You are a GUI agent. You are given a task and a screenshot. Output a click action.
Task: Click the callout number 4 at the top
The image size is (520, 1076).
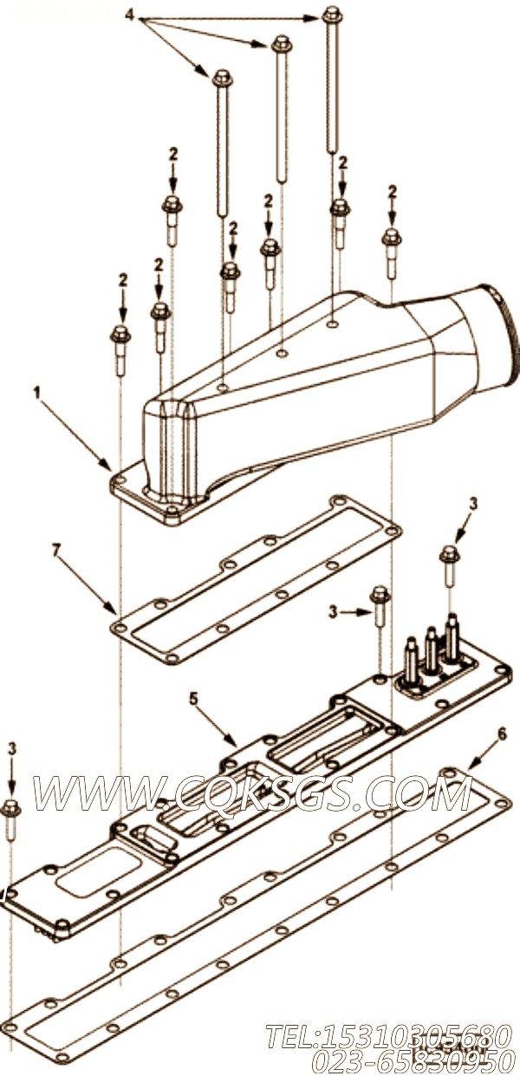(x=129, y=15)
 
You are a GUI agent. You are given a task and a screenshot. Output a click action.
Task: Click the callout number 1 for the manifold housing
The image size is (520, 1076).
(x=36, y=394)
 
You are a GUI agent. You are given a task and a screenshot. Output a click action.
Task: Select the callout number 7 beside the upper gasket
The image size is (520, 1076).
(x=55, y=551)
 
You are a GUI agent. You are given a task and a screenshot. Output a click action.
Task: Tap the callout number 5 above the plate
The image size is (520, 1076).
(x=193, y=700)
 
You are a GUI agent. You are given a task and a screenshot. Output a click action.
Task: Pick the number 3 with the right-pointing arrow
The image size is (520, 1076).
(x=333, y=611)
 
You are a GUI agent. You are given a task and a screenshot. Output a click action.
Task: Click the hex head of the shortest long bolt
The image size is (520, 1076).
(x=222, y=77)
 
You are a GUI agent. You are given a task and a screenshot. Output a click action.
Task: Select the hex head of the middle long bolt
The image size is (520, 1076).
(x=281, y=44)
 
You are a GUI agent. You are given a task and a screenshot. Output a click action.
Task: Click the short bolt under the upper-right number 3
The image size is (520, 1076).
(x=450, y=568)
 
